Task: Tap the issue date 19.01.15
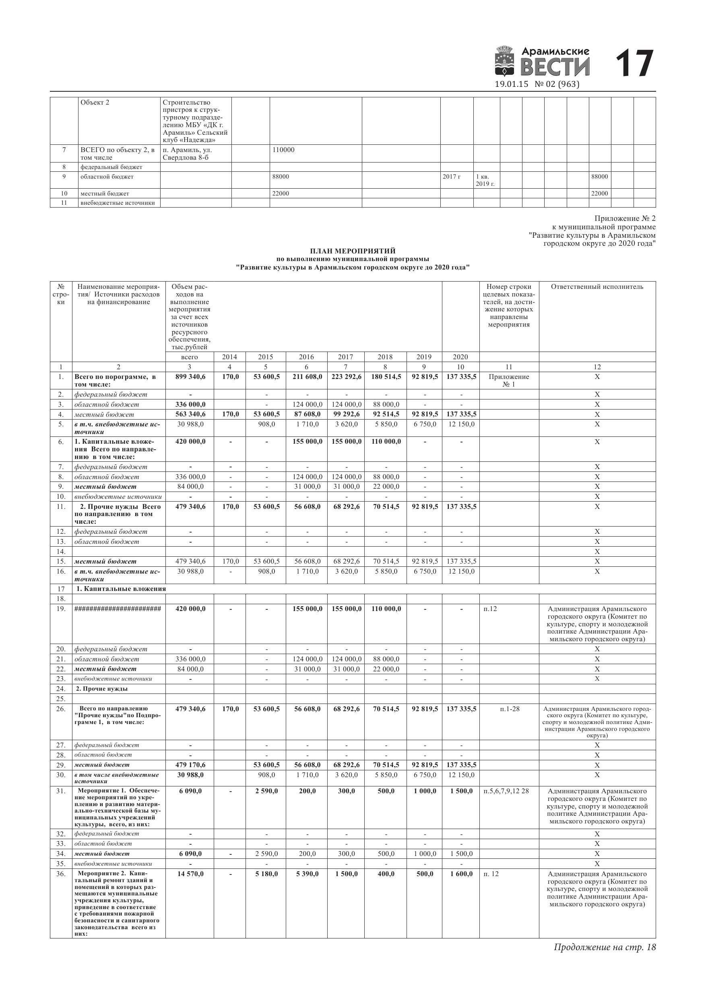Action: (x=511, y=84)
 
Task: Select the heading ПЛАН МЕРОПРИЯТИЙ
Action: (x=353, y=251)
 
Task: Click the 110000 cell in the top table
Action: (x=283, y=150)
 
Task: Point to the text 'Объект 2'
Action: (x=95, y=103)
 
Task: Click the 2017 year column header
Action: (x=346, y=357)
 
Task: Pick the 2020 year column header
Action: (x=460, y=357)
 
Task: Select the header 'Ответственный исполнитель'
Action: (x=597, y=287)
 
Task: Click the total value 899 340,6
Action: (x=190, y=377)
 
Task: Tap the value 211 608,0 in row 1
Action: (x=307, y=377)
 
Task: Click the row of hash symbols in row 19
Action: (x=118, y=609)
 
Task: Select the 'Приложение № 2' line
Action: (x=625, y=219)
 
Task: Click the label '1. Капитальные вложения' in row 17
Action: (x=120, y=589)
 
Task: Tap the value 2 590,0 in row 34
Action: (x=266, y=854)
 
